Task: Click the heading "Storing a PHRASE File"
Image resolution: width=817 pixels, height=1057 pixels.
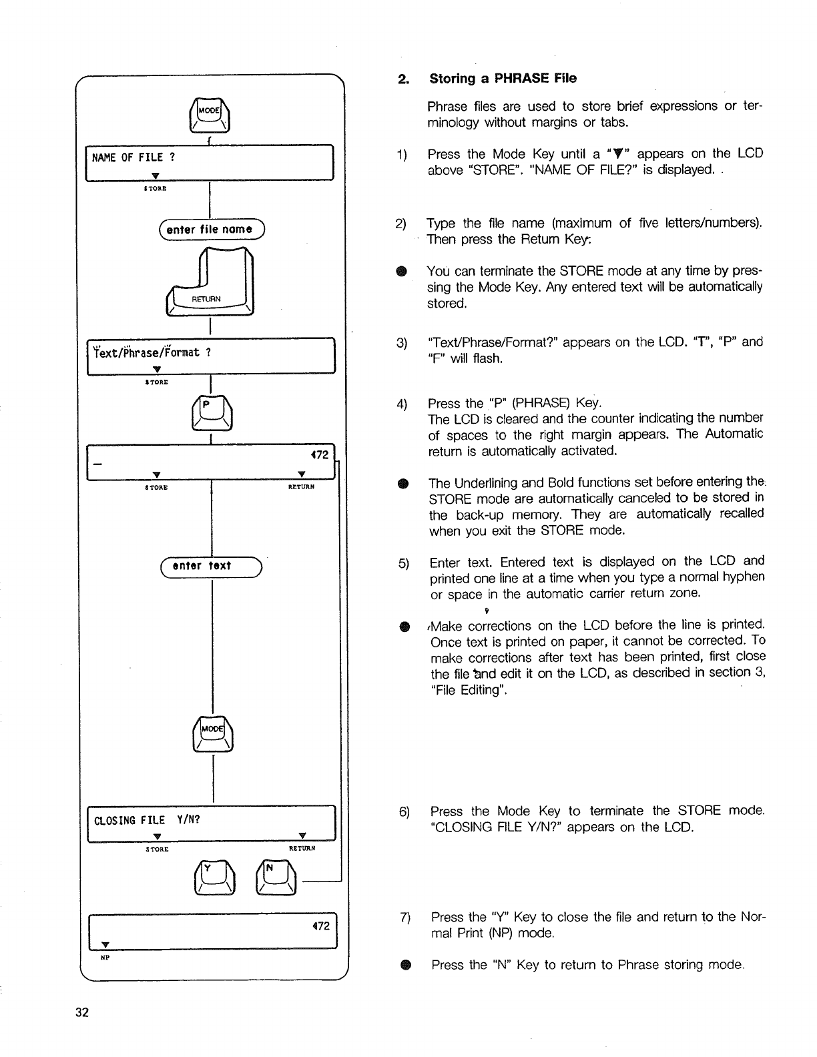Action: point(503,79)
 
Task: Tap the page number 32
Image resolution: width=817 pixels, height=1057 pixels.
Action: point(82,1013)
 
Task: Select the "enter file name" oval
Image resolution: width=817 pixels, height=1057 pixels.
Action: point(210,230)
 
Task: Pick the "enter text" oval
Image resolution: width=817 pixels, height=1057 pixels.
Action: point(210,566)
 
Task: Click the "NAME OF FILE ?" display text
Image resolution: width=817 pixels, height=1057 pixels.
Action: point(134,157)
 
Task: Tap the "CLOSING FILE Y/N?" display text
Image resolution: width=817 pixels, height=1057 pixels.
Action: point(148,819)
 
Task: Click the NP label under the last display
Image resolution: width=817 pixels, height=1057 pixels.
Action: point(105,957)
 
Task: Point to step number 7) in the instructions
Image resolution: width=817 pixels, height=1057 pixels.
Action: point(404,918)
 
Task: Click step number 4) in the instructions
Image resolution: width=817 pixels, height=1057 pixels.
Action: point(401,404)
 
